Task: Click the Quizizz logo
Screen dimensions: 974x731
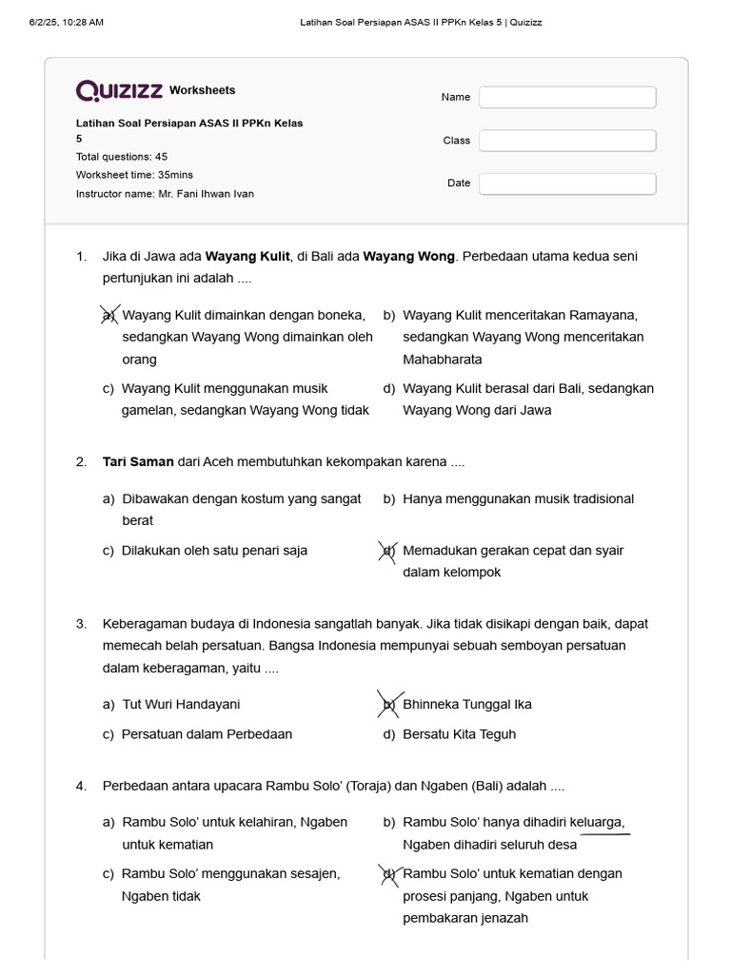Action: click(119, 90)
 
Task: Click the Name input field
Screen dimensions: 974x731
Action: click(567, 97)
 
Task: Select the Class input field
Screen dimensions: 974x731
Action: click(567, 141)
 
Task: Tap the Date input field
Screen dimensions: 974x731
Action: click(567, 184)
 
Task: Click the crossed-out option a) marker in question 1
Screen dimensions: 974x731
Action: click(109, 315)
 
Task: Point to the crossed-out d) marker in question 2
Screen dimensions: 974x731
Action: click(388, 551)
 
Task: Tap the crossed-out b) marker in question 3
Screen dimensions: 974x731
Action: click(389, 705)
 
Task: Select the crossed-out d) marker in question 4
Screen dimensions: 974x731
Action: click(388, 874)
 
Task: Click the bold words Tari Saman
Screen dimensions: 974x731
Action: click(138, 462)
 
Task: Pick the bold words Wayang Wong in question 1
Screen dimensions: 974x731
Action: click(408, 257)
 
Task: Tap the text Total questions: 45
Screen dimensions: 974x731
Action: click(122, 157)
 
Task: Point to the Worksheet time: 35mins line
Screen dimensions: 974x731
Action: click(134, 175)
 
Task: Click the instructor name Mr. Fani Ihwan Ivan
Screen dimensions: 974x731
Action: click(206, 194)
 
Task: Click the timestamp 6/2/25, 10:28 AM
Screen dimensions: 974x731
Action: click(67, 22)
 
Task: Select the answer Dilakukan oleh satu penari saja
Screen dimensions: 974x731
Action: click(214, 551)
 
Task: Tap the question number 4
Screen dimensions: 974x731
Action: click(82, 787)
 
